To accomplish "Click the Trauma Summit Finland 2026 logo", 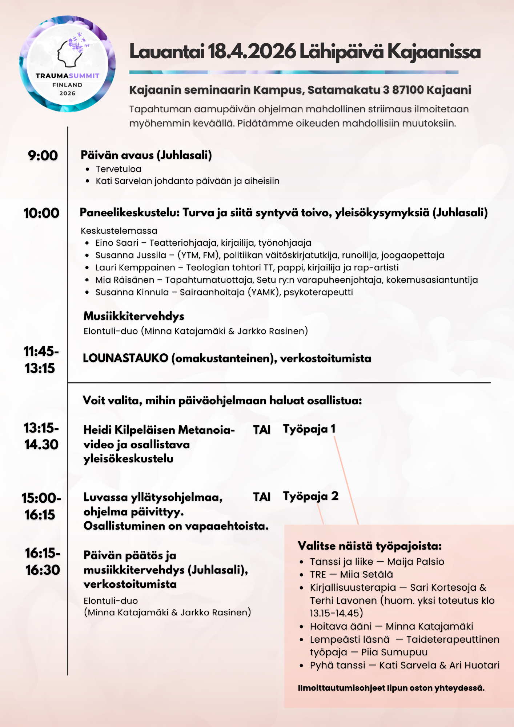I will [x=67, y=64].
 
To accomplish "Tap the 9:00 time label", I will [x=43, y=156].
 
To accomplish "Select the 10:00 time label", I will [x=41, y=213].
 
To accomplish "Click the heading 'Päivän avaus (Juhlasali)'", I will [x=146, y=155].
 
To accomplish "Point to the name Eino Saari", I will [x=117, y=243].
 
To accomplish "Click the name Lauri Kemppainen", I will [x=135, y=268].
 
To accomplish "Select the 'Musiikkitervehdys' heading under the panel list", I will [x=134, y=316].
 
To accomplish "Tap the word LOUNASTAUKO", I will [x=125, y=358].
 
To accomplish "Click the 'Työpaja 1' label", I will [x=309, y=429].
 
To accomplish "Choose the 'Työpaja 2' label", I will [x=311, y=496].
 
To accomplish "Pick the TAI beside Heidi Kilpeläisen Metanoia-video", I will [x=262, y=430].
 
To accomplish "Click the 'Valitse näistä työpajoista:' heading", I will [x=370, y=546].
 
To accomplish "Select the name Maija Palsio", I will [x=415, y=562].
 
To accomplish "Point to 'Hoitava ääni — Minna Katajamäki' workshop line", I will [x=391, y=626].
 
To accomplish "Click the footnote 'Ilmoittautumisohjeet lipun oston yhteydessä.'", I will [x=391, y=688].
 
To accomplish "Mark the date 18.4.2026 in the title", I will [x=252, y=52].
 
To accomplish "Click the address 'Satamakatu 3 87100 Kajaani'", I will [x=389, y=90].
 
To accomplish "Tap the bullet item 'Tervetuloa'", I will [x=119, y=169].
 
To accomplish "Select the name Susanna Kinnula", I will [x=132, y=292].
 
